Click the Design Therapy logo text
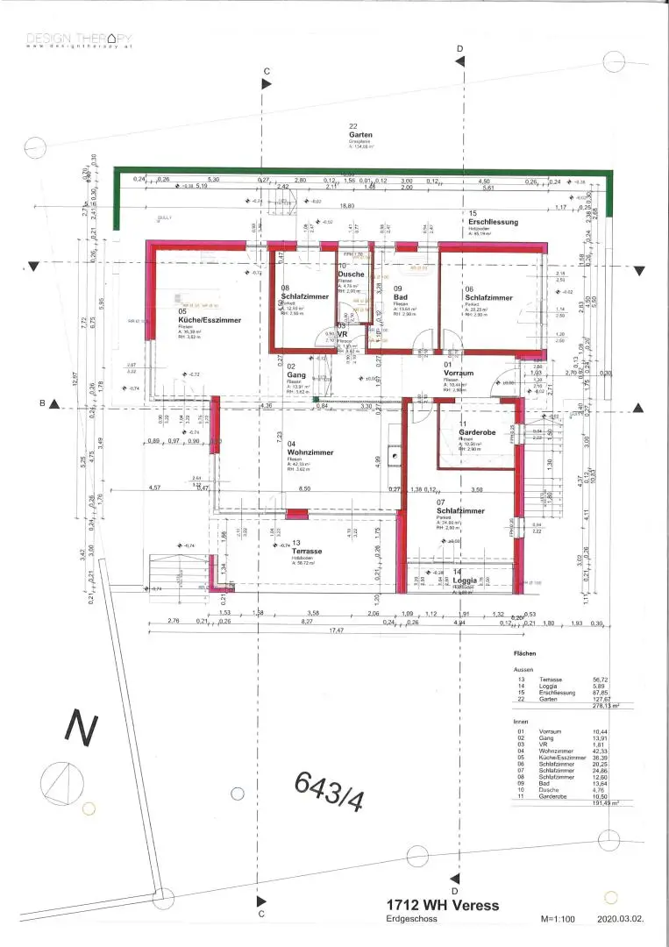[x=79, y=39]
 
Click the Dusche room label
[x=352, y=274]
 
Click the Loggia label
[x=466, y=581]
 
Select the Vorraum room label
[x=459, y=373]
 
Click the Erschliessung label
[x=493, y=222]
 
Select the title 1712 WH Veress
[x=443, y=904]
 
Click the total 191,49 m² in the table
[x=608, y=801]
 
